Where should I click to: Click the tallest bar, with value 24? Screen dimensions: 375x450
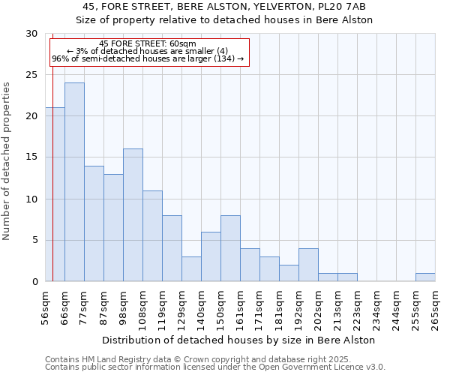[74, 182]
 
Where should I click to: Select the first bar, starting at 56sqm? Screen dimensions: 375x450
[55, 194]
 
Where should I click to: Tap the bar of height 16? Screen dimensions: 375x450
[133, 215]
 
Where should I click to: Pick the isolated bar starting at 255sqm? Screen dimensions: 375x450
[425, 277]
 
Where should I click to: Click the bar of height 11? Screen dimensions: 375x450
[152, 235]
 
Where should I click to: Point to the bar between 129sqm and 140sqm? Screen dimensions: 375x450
[191, 268]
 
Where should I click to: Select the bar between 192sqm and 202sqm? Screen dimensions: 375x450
[308, 265]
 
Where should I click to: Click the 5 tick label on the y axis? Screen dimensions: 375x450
[34, 240]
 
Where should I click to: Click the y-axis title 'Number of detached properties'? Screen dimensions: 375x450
[7, 161]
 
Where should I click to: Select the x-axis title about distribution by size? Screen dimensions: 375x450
[238, 340]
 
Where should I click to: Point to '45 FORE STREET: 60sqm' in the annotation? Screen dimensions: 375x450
[148, 43]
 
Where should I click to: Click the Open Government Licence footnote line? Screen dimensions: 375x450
[215, 367]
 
